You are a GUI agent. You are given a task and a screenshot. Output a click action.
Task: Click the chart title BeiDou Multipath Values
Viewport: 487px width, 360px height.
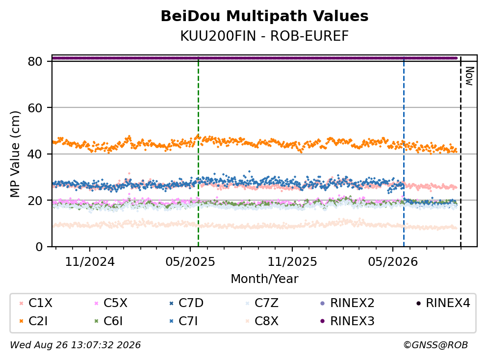pyautogui.click(x=264, y=16)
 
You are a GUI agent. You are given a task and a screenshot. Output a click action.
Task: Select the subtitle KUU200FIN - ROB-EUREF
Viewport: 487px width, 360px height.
pyautogui.click(x=264, y=36)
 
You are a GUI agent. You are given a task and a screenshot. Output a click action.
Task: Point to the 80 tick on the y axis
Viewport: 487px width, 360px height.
pyautogui.click(x=35, y=61)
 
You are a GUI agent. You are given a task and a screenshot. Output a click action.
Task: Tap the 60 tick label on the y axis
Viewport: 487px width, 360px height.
pyautogui.click(x=35, y=108)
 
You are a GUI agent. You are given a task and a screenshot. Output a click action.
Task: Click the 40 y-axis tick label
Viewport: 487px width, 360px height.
pyautogui.click(x=35, y=154)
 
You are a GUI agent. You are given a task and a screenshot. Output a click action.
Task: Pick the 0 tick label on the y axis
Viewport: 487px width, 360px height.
pyautogui.click(x=39, y=247)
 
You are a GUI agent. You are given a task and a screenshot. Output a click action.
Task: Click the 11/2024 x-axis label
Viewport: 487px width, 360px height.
pyautogui.click(x=90, y=262)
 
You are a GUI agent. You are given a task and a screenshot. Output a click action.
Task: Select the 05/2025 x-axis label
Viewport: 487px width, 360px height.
pyautogui.click(x=190, y=262)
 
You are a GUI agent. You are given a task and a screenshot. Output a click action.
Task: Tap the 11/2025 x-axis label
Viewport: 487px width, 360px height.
pyautogui.click(x=292, y=262)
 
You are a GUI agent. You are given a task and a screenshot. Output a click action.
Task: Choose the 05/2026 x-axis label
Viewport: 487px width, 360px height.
pyautogui.click(x=393, y=262)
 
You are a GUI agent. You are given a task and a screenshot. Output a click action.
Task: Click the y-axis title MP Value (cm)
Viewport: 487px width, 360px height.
pyautogui.click(x=15, y=154)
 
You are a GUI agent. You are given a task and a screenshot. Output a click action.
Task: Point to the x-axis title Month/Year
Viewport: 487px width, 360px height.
pyautogui.click(x=264, y=279)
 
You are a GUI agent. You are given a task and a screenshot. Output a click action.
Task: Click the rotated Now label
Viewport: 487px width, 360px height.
pyautogui.click(x=469, y=76)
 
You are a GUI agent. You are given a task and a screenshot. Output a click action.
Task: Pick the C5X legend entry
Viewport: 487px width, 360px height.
pyautogui.click(x=111, y=303)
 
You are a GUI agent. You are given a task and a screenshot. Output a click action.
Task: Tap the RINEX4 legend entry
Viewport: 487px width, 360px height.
pyautogui.click(x=443, y=303)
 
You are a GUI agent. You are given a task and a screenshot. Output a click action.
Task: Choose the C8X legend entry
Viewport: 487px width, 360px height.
pyautogui.click(x=262, y=321)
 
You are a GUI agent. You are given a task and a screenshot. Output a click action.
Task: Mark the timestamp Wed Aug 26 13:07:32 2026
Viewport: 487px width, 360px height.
pyautogui.click(x=76, y=345)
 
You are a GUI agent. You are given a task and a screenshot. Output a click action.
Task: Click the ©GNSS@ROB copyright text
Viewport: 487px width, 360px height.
pyautogui.click(x=436, y=345)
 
